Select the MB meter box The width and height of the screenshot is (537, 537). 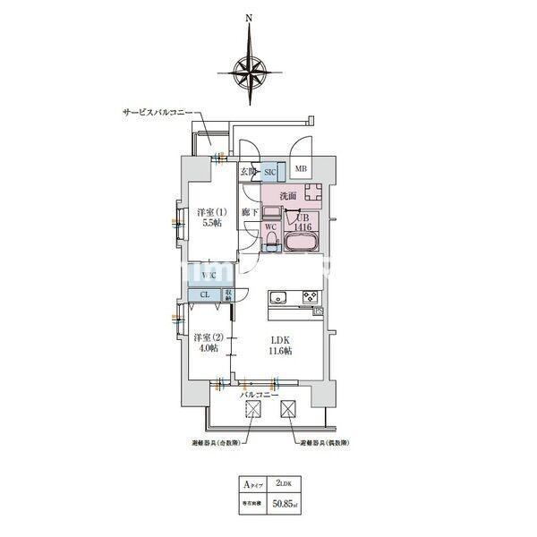point(302,169)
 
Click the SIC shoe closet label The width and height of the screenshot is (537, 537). point(270,171)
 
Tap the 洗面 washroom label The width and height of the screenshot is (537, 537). point(287,195)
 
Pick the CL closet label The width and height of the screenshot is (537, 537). point(204,294)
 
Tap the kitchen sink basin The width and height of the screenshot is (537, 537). point(277,297)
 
